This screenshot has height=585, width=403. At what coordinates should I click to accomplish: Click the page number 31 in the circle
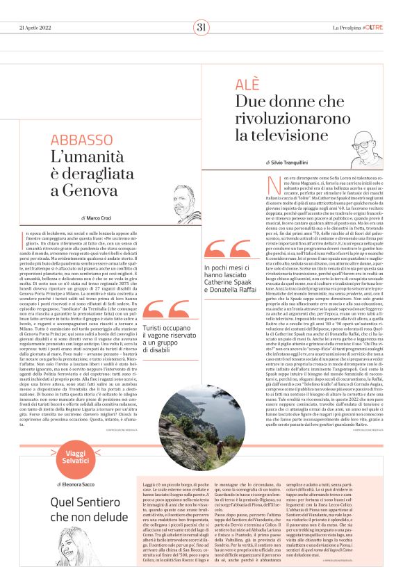pos(201,28)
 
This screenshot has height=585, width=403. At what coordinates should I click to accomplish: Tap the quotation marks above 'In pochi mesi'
pos(225,252)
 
